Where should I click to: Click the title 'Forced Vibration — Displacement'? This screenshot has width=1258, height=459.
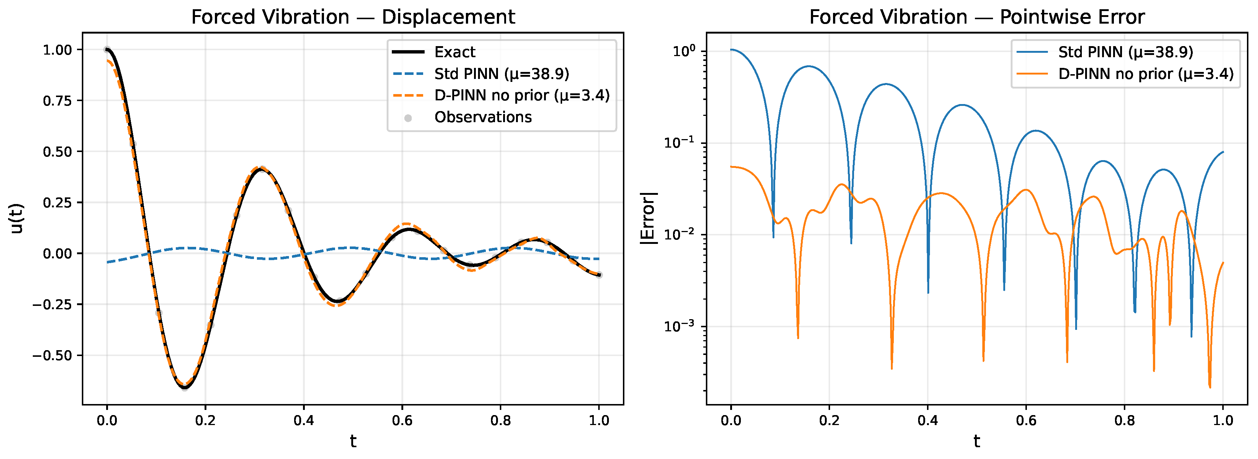(353, 17)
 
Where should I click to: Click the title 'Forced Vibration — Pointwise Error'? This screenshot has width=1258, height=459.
(977, 17)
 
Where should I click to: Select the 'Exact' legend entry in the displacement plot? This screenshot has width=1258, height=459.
(454, 52)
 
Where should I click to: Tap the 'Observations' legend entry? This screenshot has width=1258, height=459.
(483, 117)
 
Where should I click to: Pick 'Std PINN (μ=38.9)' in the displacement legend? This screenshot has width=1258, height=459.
(502, 74)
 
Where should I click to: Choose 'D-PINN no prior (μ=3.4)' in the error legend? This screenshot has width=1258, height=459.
(1146, 74)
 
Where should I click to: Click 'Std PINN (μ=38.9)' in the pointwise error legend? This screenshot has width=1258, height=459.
(1126, 52)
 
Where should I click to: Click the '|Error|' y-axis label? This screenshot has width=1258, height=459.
(648, 218)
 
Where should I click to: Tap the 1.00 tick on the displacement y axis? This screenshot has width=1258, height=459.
(57, 50)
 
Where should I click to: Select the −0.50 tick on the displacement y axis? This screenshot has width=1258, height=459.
(52, 355)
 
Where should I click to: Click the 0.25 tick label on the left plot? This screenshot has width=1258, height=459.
(57, 202)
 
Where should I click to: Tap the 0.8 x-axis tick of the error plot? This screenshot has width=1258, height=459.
(1124, 420)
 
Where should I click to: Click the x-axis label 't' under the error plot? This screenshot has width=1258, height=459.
(977, 441)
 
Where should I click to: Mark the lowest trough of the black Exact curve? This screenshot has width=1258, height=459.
(185, 388)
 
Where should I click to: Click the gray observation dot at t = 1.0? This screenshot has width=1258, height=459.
(599, 275)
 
